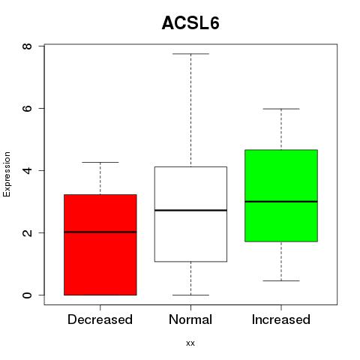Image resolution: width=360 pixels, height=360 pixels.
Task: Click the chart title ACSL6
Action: [190, 23]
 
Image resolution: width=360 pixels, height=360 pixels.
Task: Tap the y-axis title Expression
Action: [7, 174]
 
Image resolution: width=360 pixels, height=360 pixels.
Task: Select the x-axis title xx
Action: [190, 343]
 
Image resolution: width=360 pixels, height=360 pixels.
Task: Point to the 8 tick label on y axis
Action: [28, 46]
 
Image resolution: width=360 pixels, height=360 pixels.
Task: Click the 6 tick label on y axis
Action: [28, 108]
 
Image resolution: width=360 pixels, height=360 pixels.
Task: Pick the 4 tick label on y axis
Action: [28, 170]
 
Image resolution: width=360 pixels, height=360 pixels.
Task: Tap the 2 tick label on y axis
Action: [28, 232]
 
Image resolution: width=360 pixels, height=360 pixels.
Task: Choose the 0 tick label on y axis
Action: [28, 295]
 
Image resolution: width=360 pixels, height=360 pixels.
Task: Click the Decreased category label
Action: [100, 319]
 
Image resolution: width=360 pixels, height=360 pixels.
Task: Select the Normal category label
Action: [190, 319]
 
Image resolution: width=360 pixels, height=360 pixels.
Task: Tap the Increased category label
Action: [281, 319]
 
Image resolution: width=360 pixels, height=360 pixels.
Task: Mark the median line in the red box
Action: [100, 232]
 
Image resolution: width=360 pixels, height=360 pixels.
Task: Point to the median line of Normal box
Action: [190, 210]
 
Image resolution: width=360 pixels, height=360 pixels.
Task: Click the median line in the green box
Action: [281, 201]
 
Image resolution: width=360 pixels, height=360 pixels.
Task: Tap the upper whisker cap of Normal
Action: [190, 54]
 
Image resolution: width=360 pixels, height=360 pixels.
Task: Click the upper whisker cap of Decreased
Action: [100, 162]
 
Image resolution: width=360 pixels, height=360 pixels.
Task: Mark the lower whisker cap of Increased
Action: [281, 280]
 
